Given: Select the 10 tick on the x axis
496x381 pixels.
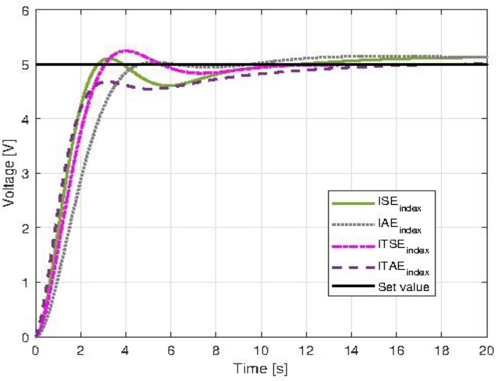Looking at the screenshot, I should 261,349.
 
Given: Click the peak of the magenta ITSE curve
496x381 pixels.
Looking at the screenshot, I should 126,51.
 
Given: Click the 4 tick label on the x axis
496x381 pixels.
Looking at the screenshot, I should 125,349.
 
